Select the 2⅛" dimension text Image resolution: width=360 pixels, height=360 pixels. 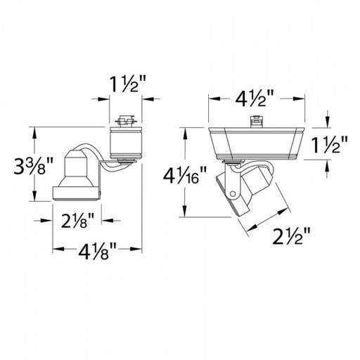coord(78,220)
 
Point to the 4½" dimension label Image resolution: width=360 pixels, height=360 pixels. coord(255,98)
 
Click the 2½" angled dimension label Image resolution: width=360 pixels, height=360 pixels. coord(291,236)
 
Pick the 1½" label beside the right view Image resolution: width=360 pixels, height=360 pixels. coord(329,145)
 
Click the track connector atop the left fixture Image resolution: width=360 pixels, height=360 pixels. coord(126,121)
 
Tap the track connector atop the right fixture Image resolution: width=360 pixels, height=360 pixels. coord(257,122)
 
